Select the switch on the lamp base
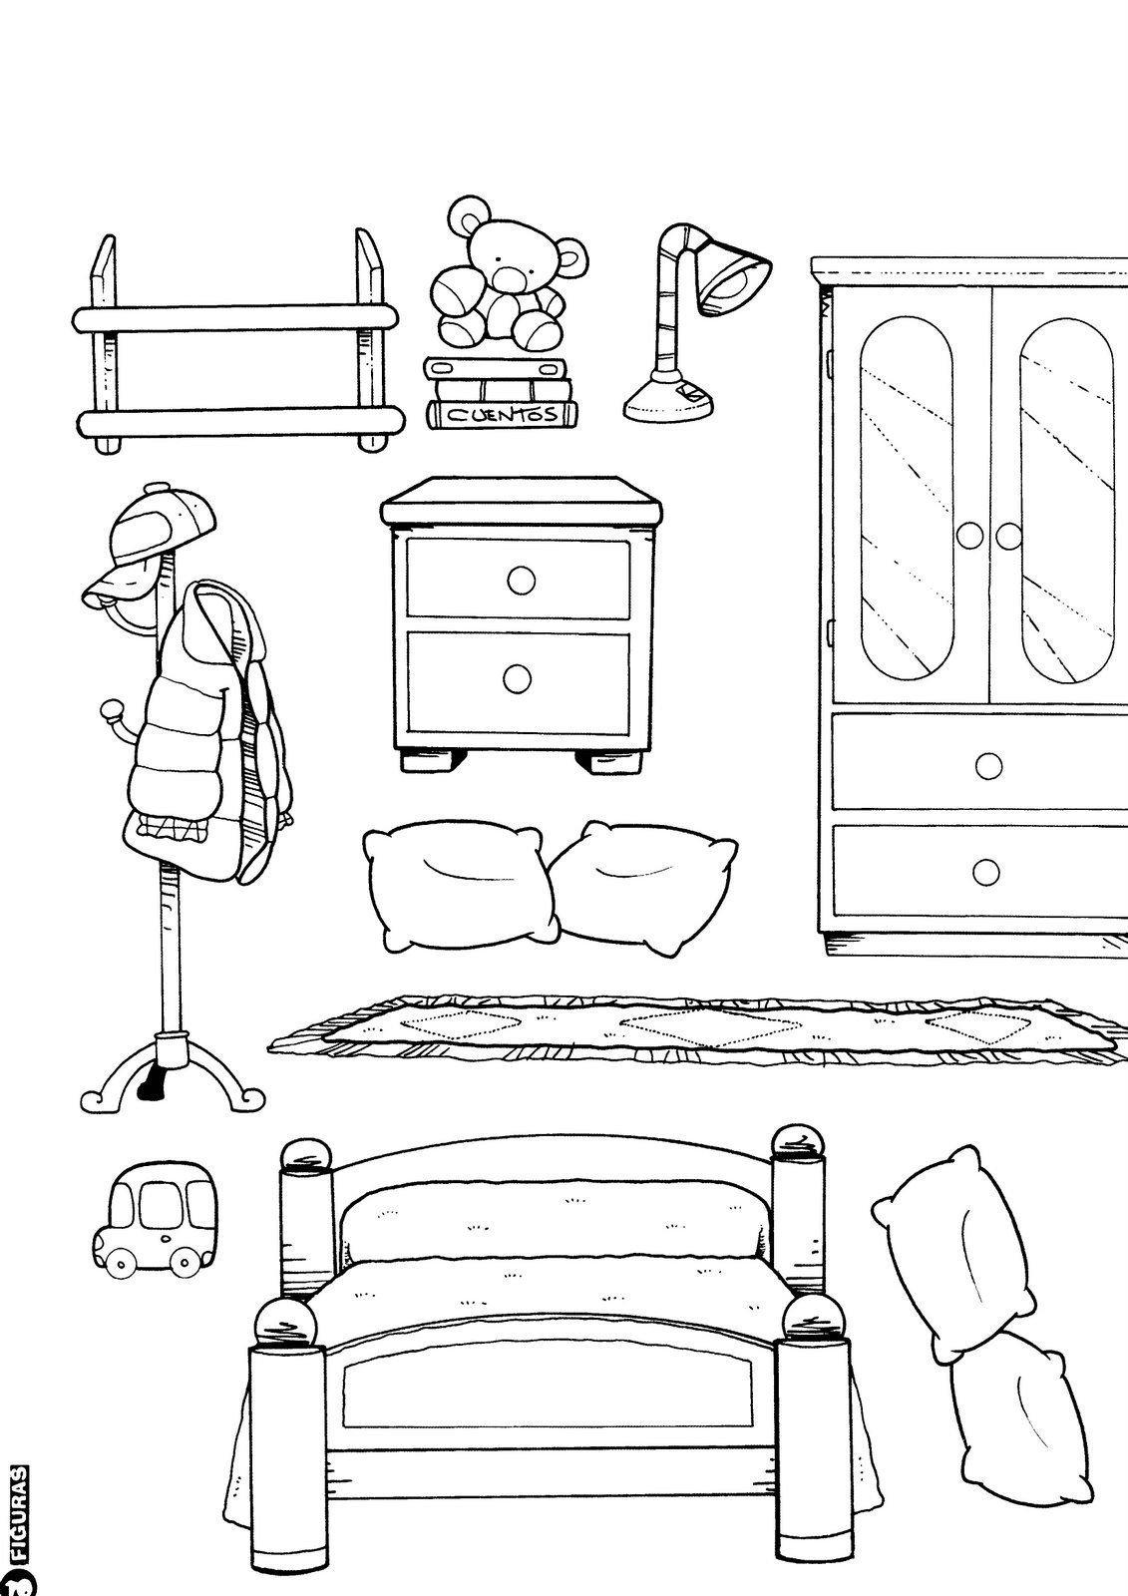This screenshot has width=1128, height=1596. pyautogui.click(x=689, y=392)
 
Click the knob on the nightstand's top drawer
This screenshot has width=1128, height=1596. pyautogui.click(x=521, y=580)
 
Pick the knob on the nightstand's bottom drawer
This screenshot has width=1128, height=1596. pyautogui.click(x=517, y=678)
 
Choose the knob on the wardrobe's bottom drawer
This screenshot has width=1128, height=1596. pyautogui.click(x=987, y=871)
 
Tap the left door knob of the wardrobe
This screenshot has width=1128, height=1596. pyautogui.click(x=968, y=537)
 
